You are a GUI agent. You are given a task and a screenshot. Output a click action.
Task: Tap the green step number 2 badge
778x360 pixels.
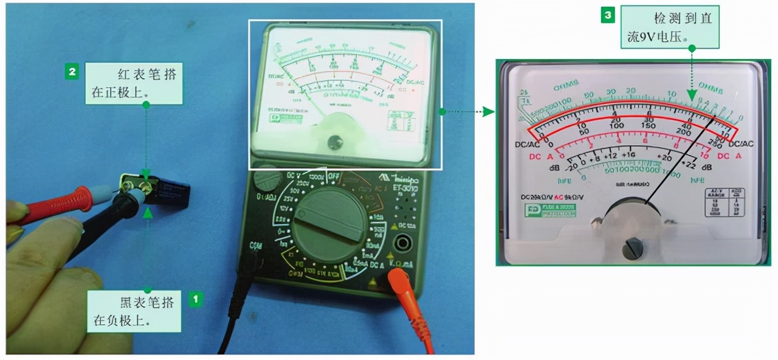(72, 72)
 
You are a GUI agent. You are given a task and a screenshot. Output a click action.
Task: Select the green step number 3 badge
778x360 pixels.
(607, 16)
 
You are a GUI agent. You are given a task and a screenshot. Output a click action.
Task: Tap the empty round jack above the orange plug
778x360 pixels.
(402, 243)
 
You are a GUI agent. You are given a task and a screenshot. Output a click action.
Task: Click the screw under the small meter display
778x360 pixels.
(333, 142)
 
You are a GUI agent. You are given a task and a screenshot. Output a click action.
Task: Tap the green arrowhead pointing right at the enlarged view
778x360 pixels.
(487, 111)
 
